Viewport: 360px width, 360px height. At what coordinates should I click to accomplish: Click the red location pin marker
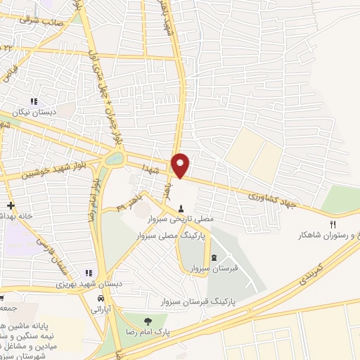tap(181, 165)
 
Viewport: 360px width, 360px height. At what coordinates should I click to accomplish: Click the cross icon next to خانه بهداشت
tap(10, 207)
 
